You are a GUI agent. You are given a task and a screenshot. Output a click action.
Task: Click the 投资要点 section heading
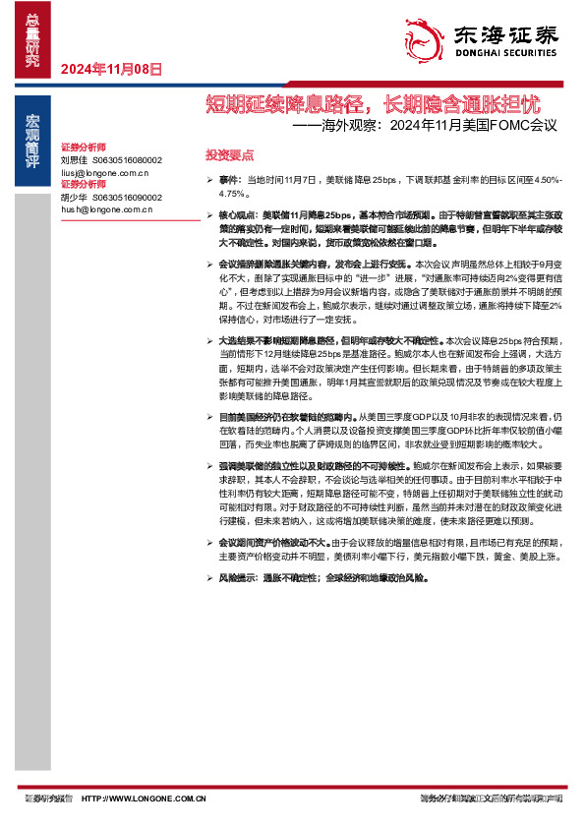(x=228, y=155)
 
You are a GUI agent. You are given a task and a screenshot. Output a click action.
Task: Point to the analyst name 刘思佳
(x=75, y=158)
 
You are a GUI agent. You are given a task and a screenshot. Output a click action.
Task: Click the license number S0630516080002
(x=127, y=158)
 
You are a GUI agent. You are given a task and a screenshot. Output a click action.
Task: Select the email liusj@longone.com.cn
(x=104, y=171)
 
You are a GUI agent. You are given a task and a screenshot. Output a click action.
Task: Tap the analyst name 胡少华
(x=75, y=196)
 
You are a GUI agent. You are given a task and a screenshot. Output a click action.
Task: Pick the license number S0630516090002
(x=127, y=196)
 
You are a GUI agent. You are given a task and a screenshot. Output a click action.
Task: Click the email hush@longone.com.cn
(x=106, y=208)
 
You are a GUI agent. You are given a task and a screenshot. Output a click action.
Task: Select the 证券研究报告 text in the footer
(x=49, y=798)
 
